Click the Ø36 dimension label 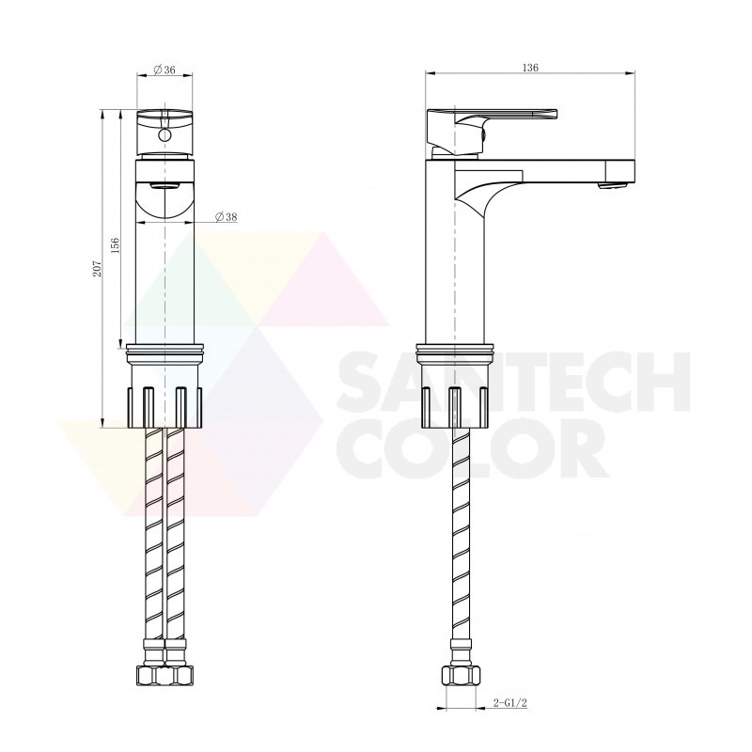point(164,70)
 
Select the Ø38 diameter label point(226,217)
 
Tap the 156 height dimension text point(115,244)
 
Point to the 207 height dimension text point(98,269)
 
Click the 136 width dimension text point(530,68)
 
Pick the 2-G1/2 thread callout point(509,703)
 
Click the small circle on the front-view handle point(164,134)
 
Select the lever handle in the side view point(492,132)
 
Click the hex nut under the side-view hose point(461,676)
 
